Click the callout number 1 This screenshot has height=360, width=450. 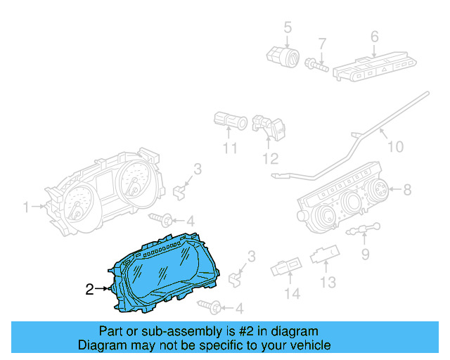coord(27,207)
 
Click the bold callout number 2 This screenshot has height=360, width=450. coord(89,288)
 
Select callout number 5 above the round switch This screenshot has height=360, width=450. coord(288,28)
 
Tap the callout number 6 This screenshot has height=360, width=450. coord(374,36)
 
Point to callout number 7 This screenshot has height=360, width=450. coord(322,44)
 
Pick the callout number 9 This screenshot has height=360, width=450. coord(365,253)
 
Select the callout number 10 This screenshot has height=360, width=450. coord(396,147)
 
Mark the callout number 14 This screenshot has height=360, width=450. coord(291,292)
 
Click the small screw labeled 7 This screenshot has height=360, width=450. coord(316,65)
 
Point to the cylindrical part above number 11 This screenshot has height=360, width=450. coord(230,121)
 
